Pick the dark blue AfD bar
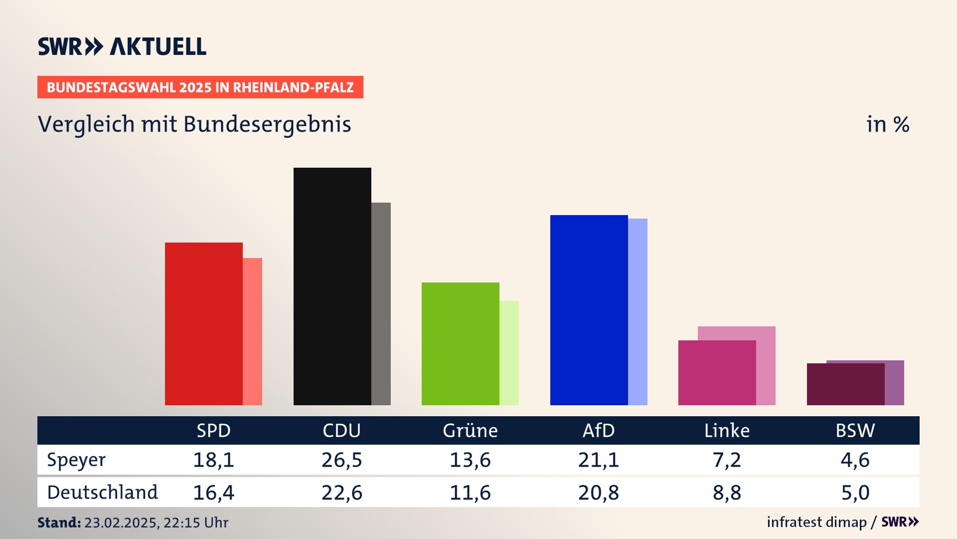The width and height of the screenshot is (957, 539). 589,310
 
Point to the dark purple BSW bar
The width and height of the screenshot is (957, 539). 845,384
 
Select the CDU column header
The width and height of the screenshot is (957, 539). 341,430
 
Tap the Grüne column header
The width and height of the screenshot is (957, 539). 470,430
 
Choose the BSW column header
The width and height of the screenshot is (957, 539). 855,430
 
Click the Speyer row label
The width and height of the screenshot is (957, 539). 76,460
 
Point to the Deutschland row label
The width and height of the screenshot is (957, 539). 102,493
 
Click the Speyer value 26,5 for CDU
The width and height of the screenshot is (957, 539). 341,460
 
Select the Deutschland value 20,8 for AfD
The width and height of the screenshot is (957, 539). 598,493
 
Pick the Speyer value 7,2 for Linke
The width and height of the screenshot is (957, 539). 727,460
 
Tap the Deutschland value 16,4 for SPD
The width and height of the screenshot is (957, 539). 213,493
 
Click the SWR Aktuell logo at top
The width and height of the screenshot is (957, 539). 122,46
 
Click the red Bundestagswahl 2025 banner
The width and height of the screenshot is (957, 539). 200,87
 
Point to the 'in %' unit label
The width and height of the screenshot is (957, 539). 888,124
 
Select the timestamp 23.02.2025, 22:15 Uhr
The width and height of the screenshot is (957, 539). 156,523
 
